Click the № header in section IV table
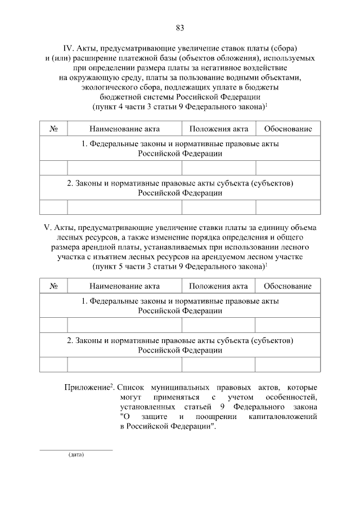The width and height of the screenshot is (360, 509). coord(54,129)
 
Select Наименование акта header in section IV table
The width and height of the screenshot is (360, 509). coord(124,129)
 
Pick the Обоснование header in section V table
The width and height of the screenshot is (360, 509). coord(288,286)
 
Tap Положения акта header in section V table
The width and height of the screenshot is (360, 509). coord(218,286)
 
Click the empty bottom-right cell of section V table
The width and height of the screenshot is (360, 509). coord(288,364)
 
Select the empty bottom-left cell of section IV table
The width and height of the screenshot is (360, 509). coord(53,207)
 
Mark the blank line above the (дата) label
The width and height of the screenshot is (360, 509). coord(76,449)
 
